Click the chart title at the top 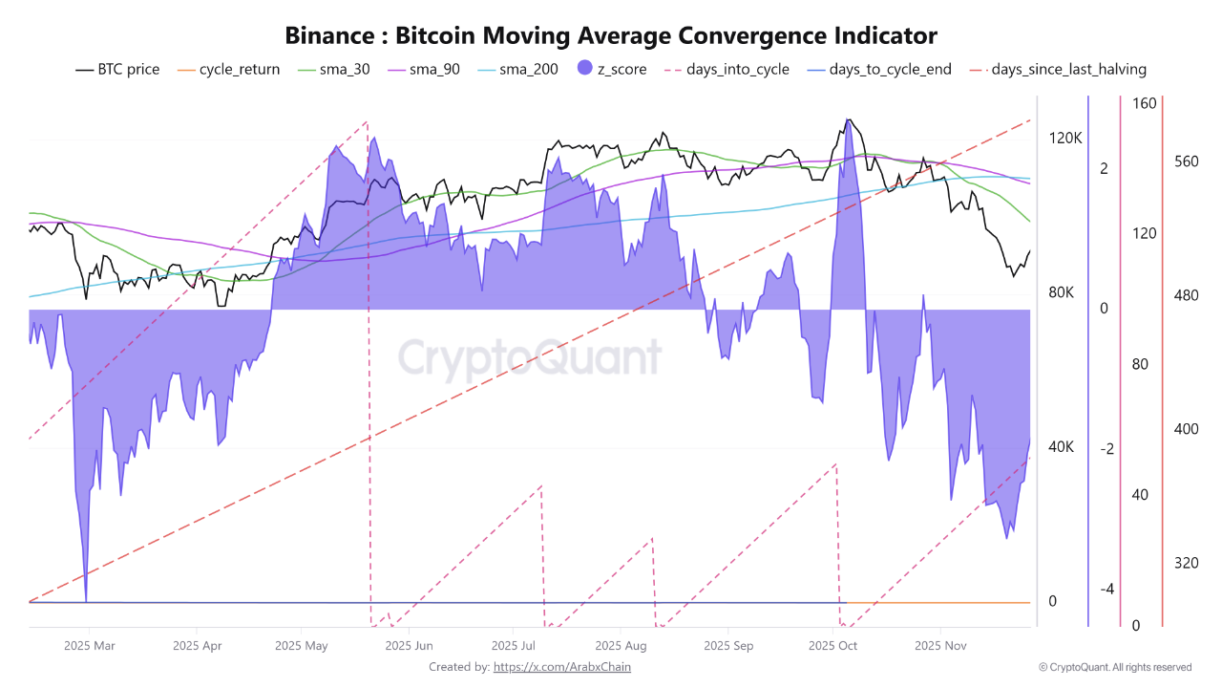(611, 36)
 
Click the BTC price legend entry (117, 69)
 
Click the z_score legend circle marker (585, 69)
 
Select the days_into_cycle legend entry (726, 69)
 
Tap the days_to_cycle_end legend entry (878, 69)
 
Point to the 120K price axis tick (1065, 139)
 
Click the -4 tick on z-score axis (1106, 590)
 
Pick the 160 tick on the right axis (1144, 103)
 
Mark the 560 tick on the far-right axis (1186, 161)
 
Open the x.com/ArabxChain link (561, 667)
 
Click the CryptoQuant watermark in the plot (530, 358)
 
